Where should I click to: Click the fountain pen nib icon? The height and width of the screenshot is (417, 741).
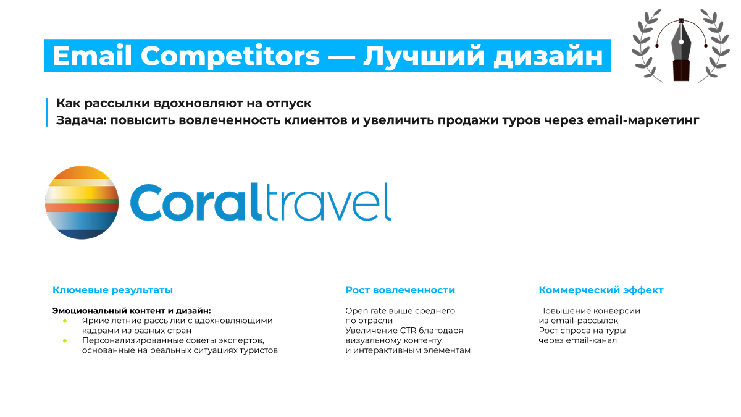(681, 49)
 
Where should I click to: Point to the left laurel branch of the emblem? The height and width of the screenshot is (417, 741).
(646, 46)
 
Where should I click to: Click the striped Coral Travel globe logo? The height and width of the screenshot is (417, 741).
(82, 203)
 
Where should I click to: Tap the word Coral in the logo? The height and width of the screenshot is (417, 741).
(196, 202)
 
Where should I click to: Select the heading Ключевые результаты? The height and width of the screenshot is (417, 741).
(112, 290)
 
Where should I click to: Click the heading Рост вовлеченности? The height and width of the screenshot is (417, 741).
(400, 290)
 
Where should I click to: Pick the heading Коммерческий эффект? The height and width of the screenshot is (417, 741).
(601, 290)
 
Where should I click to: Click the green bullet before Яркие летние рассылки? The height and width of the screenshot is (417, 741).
(65, 321)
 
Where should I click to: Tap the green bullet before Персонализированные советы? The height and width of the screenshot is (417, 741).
(65, 341)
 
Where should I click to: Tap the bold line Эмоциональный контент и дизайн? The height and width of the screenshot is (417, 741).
(132, 311)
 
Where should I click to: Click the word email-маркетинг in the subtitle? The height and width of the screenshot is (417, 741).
(643, 120)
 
